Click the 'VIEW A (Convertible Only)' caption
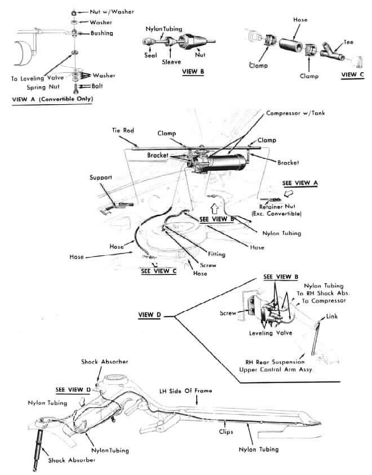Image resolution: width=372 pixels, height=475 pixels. (x=52, y=99)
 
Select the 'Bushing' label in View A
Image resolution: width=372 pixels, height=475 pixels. (x=101, y=33)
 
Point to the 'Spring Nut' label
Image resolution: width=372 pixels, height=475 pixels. (x=43, y=87)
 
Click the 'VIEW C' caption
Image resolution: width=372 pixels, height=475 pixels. (x=352, y=74)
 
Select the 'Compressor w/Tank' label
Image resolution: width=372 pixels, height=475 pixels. (x=296, y=113)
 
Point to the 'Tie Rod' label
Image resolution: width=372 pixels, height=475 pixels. (x=122, y=130)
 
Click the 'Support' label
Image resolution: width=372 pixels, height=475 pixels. (x=102, y=177)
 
